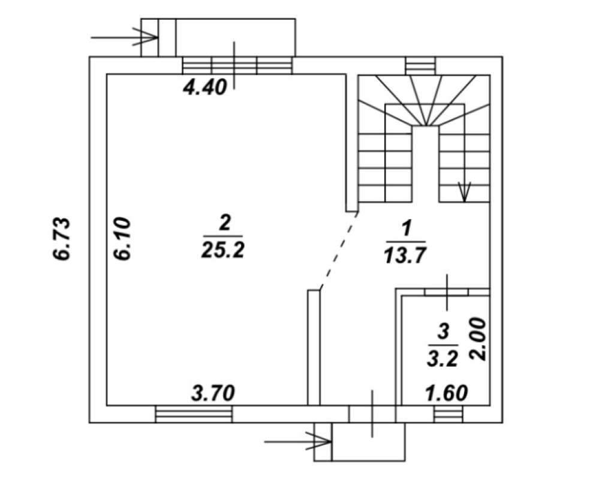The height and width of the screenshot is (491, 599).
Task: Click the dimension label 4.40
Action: point(204,88)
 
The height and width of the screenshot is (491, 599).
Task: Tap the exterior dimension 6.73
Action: point(62,239)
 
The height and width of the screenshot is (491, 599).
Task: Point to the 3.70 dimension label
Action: point(213,394)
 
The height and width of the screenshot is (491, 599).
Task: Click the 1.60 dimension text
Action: point(447,394)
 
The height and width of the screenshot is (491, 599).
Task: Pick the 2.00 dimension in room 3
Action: point(477,339)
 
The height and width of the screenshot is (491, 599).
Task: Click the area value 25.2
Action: point(222,250)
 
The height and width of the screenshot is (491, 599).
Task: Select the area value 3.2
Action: point(443,359)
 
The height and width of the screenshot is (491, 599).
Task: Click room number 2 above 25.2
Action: point(224,223)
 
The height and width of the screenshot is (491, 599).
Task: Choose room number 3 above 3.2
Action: point(443,331)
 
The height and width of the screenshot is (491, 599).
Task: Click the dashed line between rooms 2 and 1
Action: point(339,250)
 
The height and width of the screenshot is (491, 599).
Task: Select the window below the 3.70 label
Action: point(194,414)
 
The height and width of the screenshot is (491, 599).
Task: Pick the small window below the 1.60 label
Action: point(449,414)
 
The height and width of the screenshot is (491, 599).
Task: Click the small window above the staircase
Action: point(420,66)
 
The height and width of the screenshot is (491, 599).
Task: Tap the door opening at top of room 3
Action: point(447,292)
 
